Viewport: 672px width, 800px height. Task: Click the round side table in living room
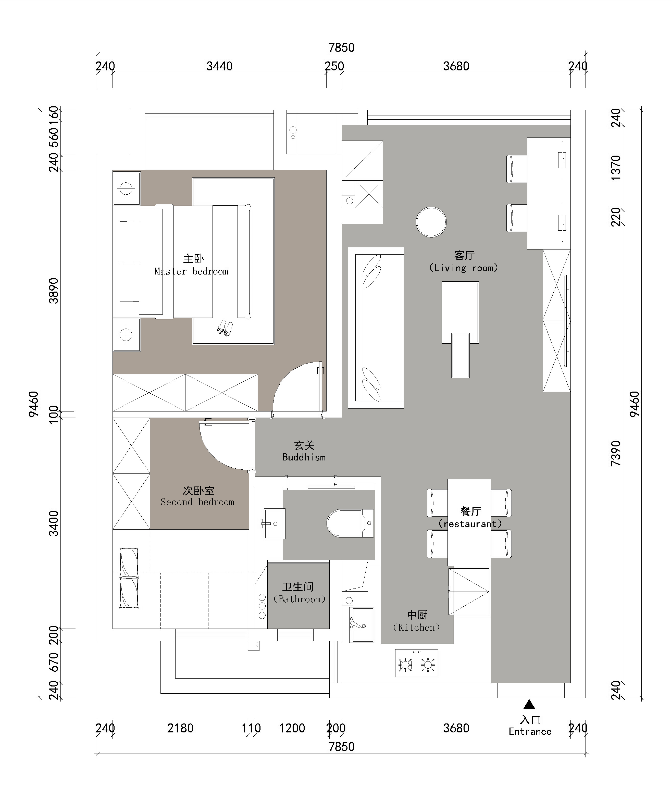click(x=431, y=222)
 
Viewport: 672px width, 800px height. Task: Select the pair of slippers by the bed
click(x=225, y=328)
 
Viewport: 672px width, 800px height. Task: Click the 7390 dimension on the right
click(x=616, y=453)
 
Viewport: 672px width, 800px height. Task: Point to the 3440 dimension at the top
click(x=219, y=66)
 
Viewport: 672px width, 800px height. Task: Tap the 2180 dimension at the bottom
click(x=181, y=728)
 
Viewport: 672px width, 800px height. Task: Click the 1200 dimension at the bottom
click(x=292, y=728)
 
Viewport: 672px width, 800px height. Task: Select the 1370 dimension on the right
click(x=616, y=168)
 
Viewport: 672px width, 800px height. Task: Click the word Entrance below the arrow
click(x=530, y=731)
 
